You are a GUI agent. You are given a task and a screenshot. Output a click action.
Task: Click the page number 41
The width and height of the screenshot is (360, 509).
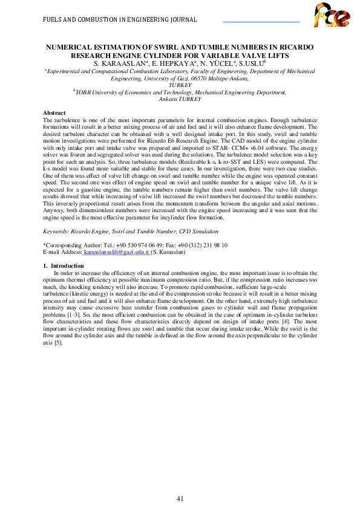(180, 481)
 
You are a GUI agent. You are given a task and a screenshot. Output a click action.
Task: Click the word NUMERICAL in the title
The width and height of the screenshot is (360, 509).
(74, 47)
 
